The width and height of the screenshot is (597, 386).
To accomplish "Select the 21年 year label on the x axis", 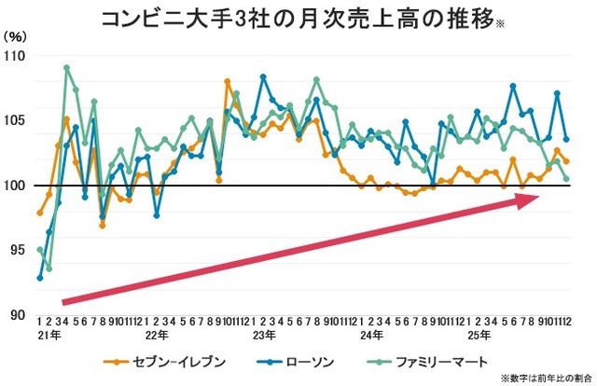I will point(48,333).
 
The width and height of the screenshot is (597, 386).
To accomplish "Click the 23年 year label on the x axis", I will point(264,333).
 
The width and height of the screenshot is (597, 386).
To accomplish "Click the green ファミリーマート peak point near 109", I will point(66,68).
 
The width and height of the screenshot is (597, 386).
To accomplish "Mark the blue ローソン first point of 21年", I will point(40,278).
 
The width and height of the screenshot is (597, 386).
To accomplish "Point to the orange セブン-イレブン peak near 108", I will point(229,82).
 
